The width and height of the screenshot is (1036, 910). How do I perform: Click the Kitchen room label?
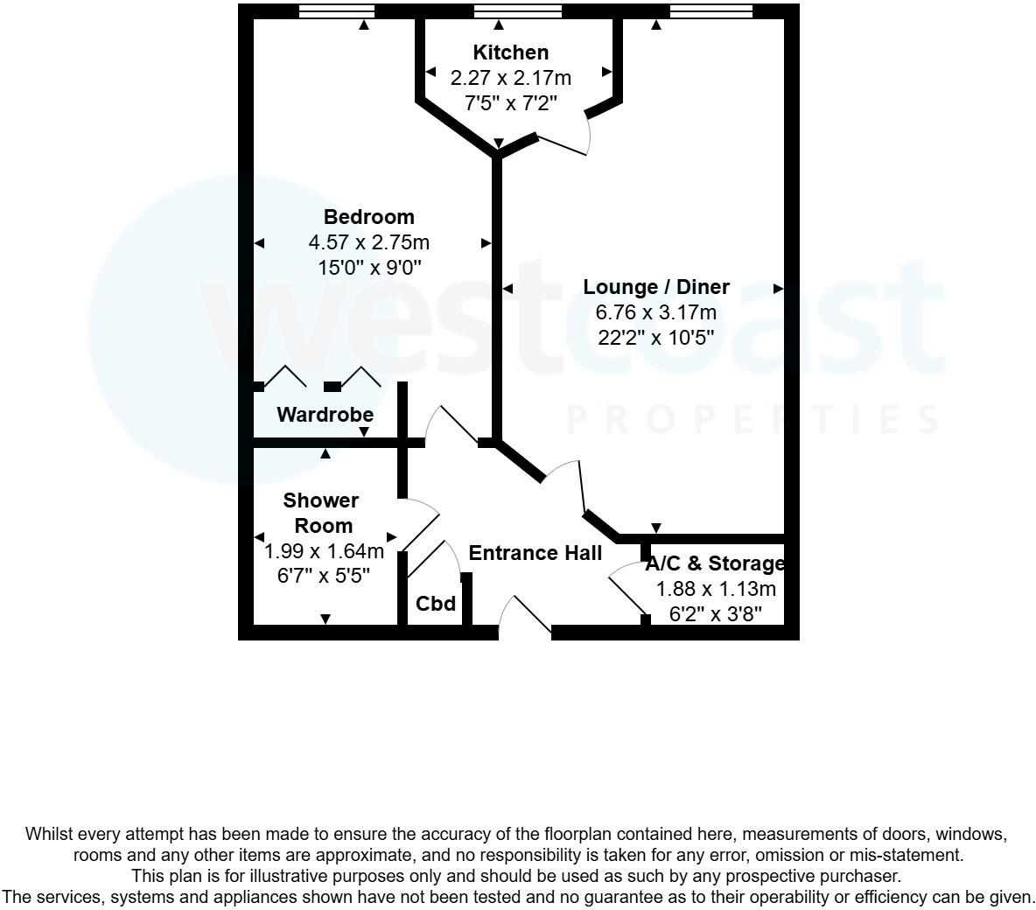(510, 52)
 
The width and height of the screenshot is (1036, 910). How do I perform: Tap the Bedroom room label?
(368, 217)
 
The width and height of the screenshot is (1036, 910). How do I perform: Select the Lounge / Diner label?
(656, 287)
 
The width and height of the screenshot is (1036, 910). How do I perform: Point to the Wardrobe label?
(325, 415)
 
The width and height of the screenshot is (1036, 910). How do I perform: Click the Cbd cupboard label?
(436, 604)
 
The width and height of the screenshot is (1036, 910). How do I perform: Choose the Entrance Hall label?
(535, 553)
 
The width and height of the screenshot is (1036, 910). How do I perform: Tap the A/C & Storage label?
(715, 563)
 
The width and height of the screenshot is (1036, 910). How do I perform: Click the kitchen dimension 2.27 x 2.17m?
(510, 79)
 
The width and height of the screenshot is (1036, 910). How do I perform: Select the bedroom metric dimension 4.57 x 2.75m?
(368, 242)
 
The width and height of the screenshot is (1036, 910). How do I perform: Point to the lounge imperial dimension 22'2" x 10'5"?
(656, 337)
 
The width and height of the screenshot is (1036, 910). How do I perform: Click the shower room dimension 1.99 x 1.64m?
(324, 551)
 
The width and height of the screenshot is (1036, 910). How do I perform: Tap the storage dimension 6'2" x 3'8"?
(715, 614)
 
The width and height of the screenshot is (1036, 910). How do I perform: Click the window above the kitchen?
(518, 11)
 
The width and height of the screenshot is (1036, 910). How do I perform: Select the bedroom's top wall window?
(337, 11)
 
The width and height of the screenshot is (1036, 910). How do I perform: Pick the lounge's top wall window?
(710, 11)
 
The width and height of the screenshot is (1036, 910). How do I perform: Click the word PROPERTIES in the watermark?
(753, 420)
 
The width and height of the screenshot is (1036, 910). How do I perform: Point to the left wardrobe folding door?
(285, 376)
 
